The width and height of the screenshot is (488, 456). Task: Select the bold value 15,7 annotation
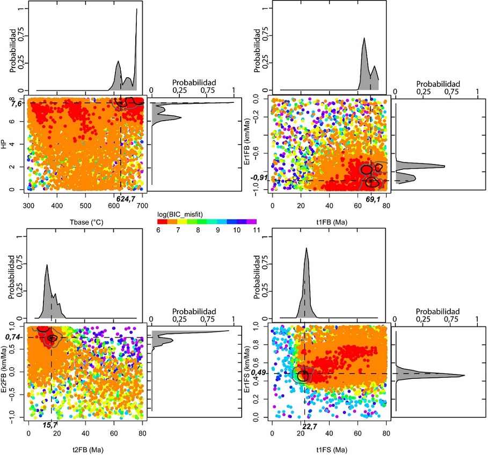tap(52, 425)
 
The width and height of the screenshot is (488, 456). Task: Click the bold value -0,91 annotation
tap(259, 177)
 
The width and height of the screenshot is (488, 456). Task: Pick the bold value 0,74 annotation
tap(13, 337)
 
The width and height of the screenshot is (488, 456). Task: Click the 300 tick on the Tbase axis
tap(29, 206)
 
